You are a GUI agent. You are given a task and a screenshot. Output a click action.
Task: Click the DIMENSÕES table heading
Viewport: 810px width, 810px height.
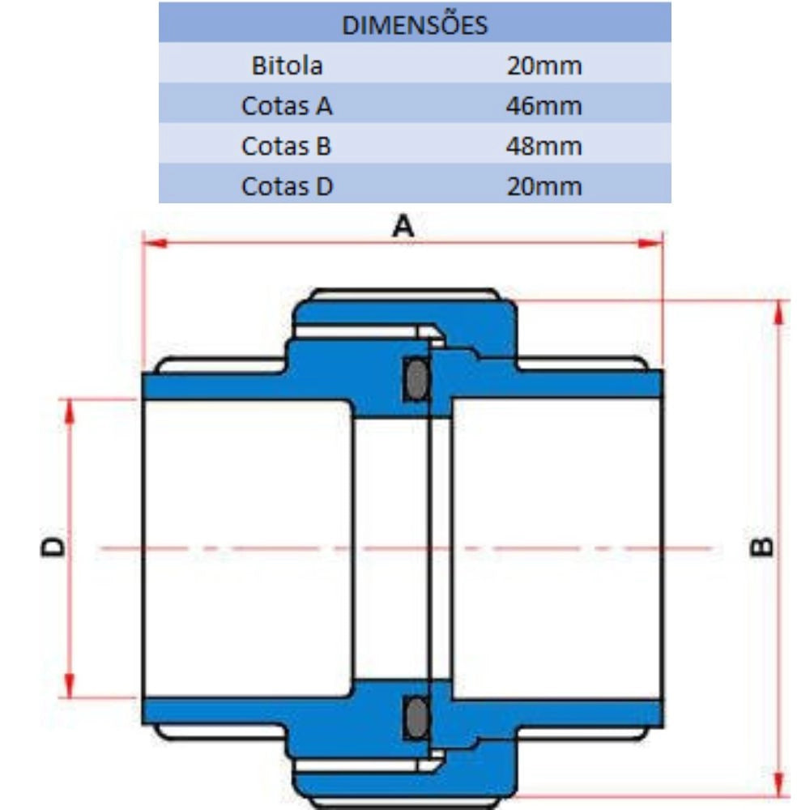point(414,25)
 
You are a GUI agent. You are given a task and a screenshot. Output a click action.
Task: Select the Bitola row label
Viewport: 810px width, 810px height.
point(288,66)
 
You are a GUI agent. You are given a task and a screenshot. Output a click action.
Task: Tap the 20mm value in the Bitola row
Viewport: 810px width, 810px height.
point(544,66)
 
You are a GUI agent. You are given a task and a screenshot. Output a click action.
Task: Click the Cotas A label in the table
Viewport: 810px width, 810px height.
point(287,106)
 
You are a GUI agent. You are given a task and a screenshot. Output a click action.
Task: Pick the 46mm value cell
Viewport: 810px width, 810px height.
point(544,106)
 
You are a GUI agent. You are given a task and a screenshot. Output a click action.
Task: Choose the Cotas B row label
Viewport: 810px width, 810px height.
point(286,146)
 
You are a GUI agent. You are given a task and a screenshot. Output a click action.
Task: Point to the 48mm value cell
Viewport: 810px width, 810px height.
point(544,146)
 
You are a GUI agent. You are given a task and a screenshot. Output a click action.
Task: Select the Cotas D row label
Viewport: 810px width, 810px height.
point(287,186)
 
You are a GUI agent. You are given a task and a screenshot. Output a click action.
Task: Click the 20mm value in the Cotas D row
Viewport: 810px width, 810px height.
point(544,186)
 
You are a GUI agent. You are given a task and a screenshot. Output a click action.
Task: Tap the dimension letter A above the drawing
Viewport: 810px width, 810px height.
point(403,226)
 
